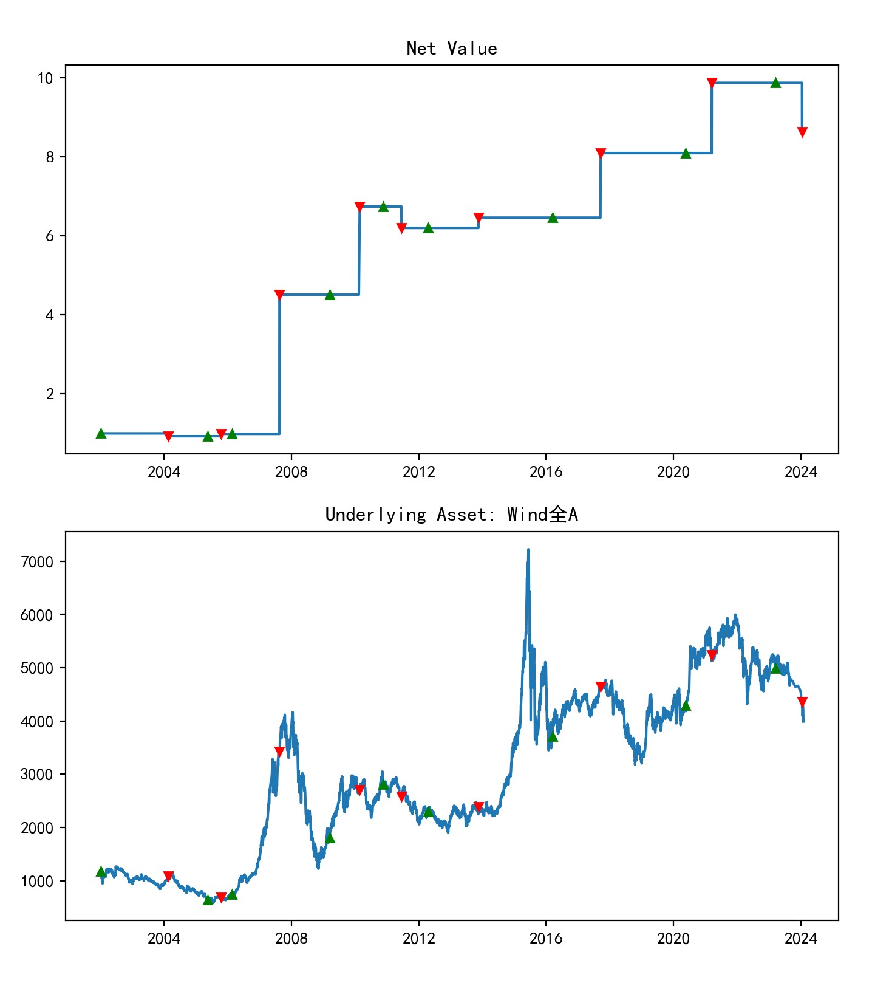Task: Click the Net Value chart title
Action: [x=452, y=49]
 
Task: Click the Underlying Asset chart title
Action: [x=452, y=515]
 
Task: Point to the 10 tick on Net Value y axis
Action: [x=46, y=78]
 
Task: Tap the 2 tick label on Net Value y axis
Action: [x=50, y=394]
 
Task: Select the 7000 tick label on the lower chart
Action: [x=37, y=561]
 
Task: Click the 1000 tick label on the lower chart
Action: [x=37, y=881]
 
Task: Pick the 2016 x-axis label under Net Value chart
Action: [x=546, y=472]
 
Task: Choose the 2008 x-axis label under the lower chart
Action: [x=291, y=939]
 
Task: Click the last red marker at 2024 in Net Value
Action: [x=802, y=132]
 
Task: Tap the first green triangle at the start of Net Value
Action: [x=101, y=433]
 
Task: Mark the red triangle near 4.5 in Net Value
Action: [x=279, y=295]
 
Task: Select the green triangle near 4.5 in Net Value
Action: [x=330, y=295]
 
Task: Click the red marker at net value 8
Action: [x=601, y=153]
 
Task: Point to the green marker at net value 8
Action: [x=686, y=153]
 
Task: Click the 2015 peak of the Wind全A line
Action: [x=528, y=550]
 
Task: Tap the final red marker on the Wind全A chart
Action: [x=802, y=702]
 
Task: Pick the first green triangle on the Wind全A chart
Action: [x=101, y=871]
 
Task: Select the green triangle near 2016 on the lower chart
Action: [x=553, y=736]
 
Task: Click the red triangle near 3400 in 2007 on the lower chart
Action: [x=279, y=752]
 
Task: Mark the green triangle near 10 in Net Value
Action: [x=775, y=83]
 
